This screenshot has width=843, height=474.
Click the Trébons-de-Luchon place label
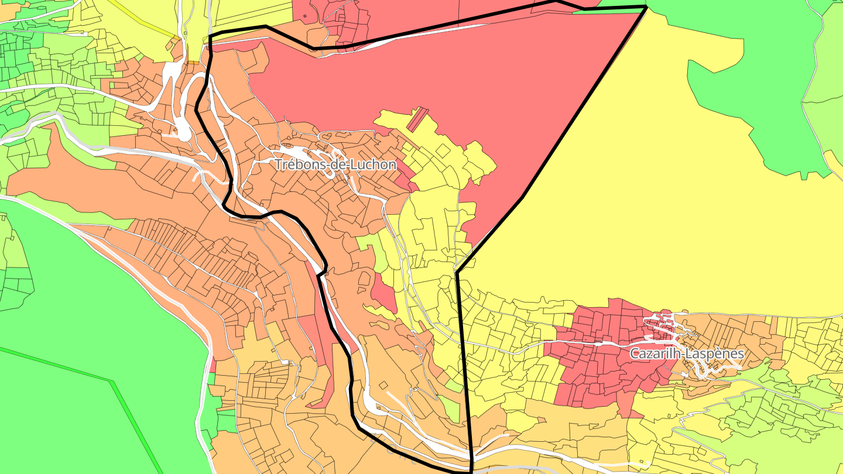(335, 165)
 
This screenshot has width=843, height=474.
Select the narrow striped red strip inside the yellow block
(416, 119)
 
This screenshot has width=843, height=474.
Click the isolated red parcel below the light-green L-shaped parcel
(383, 293)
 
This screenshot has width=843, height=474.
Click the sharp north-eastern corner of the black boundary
(646, 7)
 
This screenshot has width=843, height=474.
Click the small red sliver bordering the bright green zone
(213, 366)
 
